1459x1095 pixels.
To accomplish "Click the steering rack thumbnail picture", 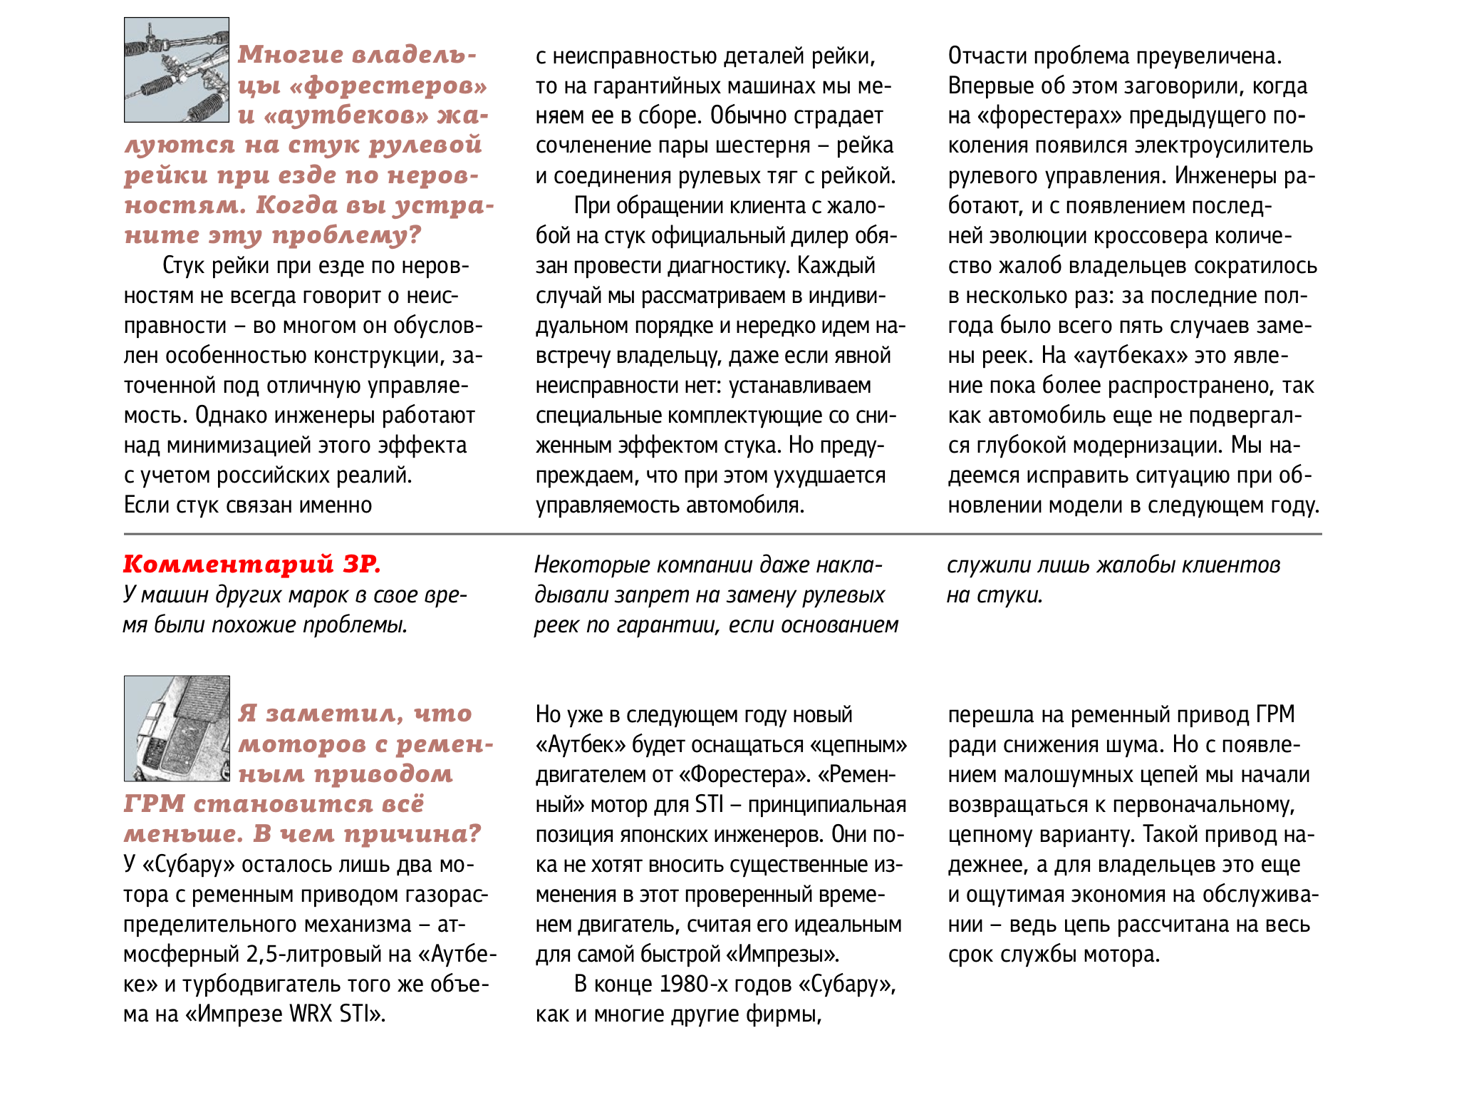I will tap(177, 70).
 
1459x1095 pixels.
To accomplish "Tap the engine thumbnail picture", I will tap(177, 728).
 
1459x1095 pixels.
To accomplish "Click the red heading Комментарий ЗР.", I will tap(252, 564).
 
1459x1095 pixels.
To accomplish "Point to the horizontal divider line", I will tap(722, 533).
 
